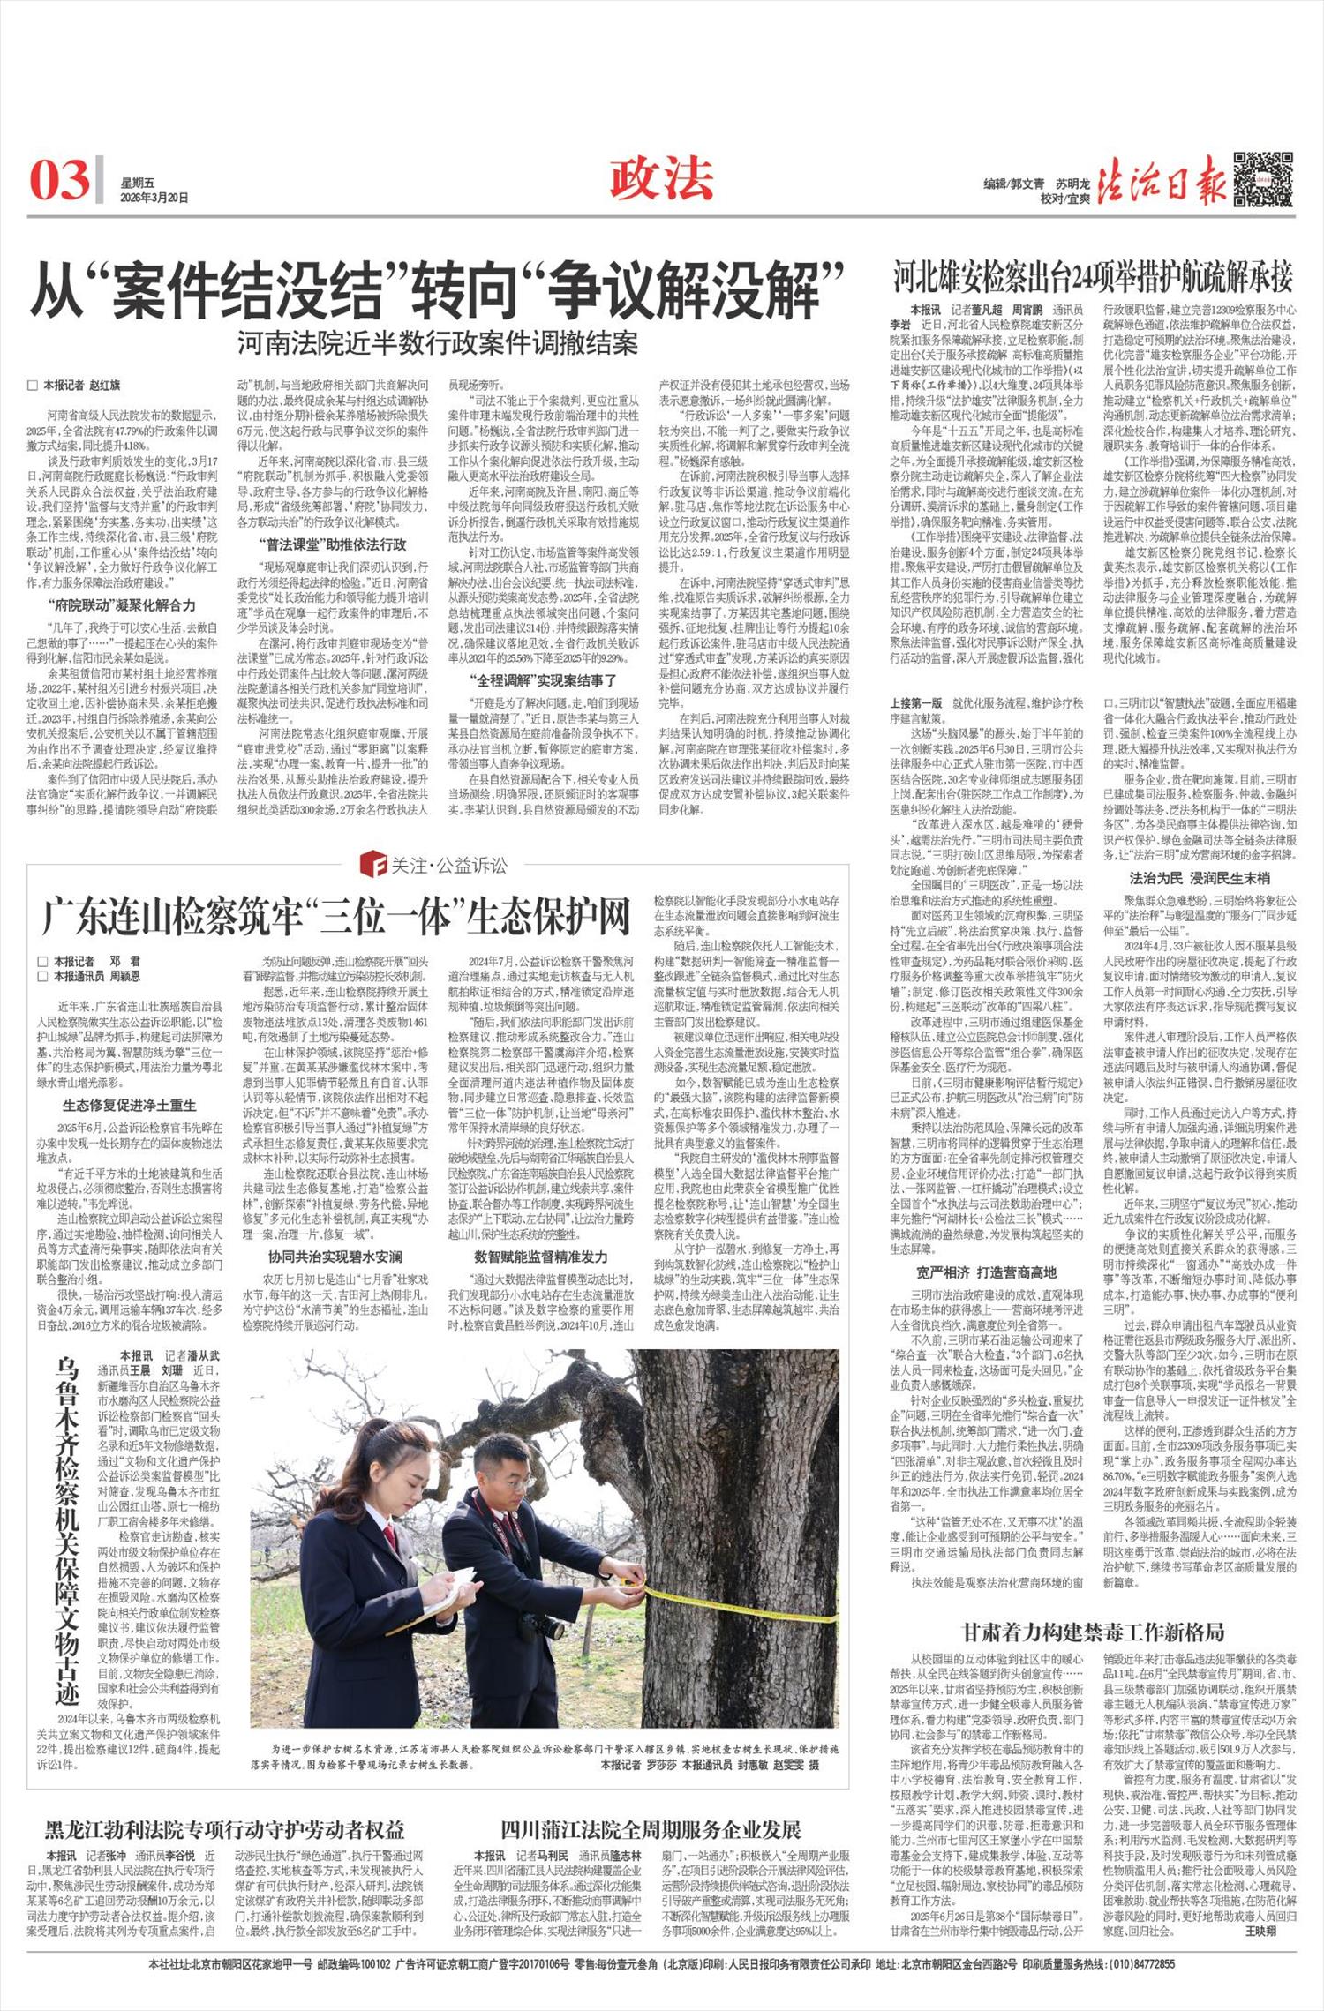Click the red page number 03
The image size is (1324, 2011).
60,180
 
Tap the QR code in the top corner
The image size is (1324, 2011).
1263,181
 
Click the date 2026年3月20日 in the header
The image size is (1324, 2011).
154,199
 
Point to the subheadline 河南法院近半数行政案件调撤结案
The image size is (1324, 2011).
437,343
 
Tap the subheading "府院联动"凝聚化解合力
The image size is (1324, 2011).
122,605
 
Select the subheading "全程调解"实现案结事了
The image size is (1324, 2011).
543,679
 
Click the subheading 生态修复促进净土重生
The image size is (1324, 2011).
129,1105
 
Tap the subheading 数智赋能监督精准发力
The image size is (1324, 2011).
540,1256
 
